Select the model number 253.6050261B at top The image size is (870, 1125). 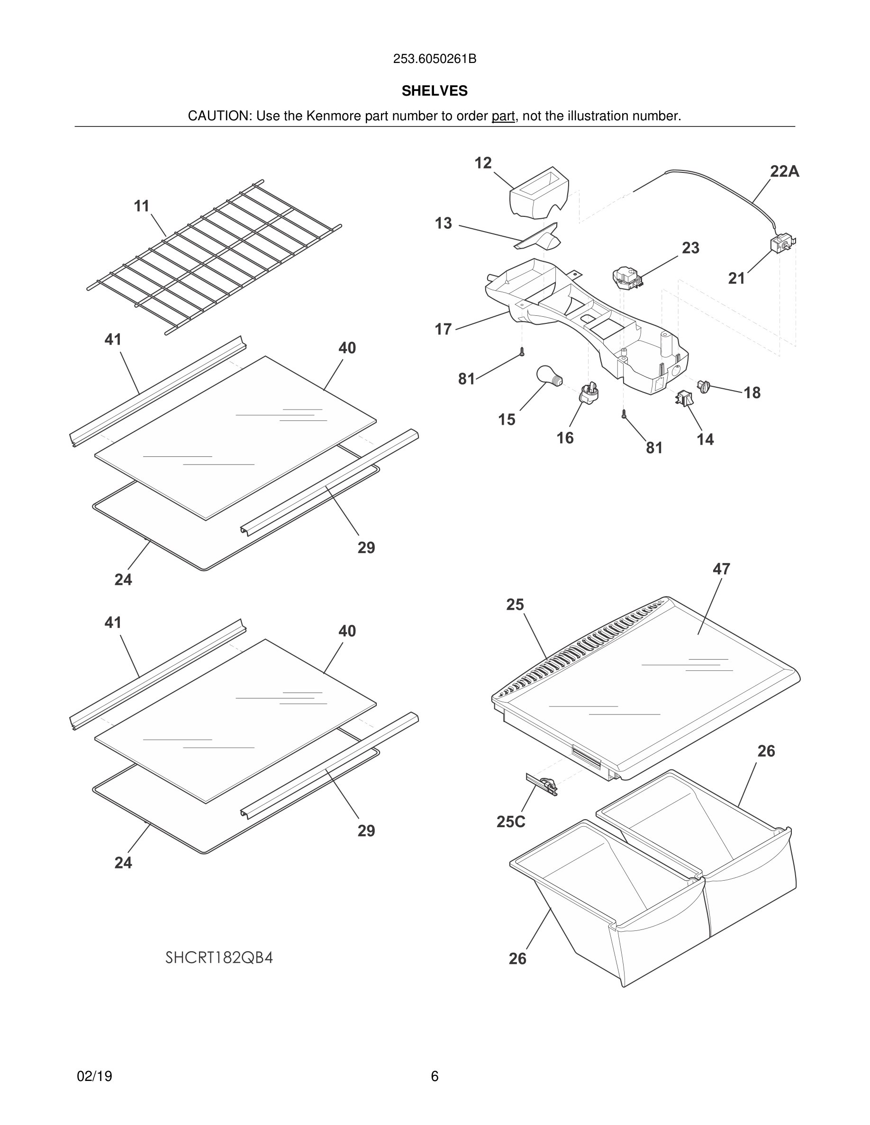click(435, 59)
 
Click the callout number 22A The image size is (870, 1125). click(784, 171)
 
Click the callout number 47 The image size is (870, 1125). click(721, 569)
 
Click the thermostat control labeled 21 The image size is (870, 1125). click(781, 244)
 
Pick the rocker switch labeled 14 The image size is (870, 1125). click(684, 398)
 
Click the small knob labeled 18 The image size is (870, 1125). click(704, 386)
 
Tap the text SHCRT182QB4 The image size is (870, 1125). click(219, 957)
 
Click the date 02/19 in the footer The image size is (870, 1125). click(94, 1076)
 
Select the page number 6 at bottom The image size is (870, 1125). click(435, 1076)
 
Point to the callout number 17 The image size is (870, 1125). click(443, 329)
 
